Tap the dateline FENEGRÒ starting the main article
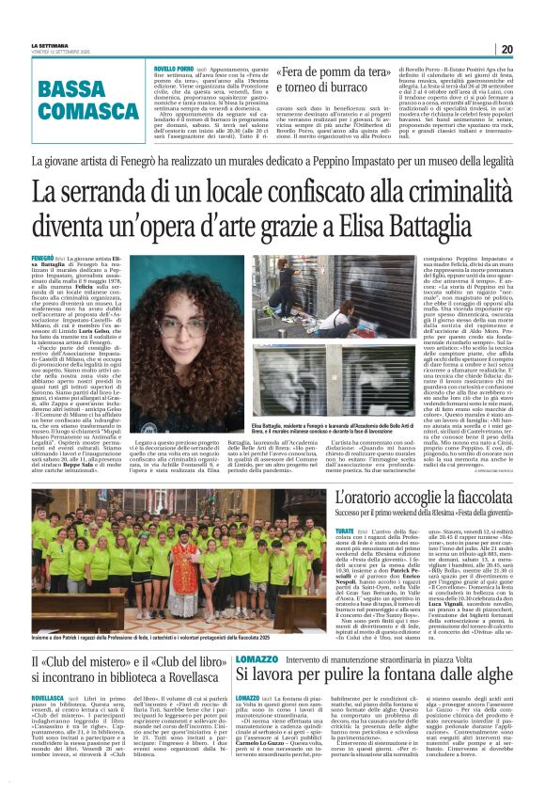click(x=42, y=257)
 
